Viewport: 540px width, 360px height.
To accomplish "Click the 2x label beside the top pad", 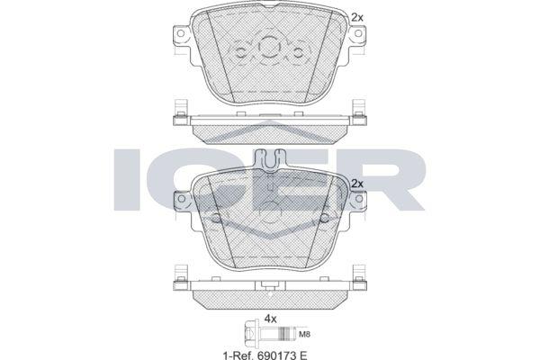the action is pyautogui.click(x=357, y=18).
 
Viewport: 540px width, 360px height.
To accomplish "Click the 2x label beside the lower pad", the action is pyautogui.click(x=357, y=184).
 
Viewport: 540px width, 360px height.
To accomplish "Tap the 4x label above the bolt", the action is pyautogui.click(x=270, y=319).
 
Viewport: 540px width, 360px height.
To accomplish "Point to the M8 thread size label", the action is pyautogui.click(x=305, y=334).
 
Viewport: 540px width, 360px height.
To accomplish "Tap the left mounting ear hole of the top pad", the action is pyautogui.click(x=180, y=33).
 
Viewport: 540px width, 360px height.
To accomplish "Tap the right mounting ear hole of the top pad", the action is pyautogui.click(x=358, y=33).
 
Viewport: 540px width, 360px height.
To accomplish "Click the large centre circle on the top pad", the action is pyautogui.click(x=269, y=46).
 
